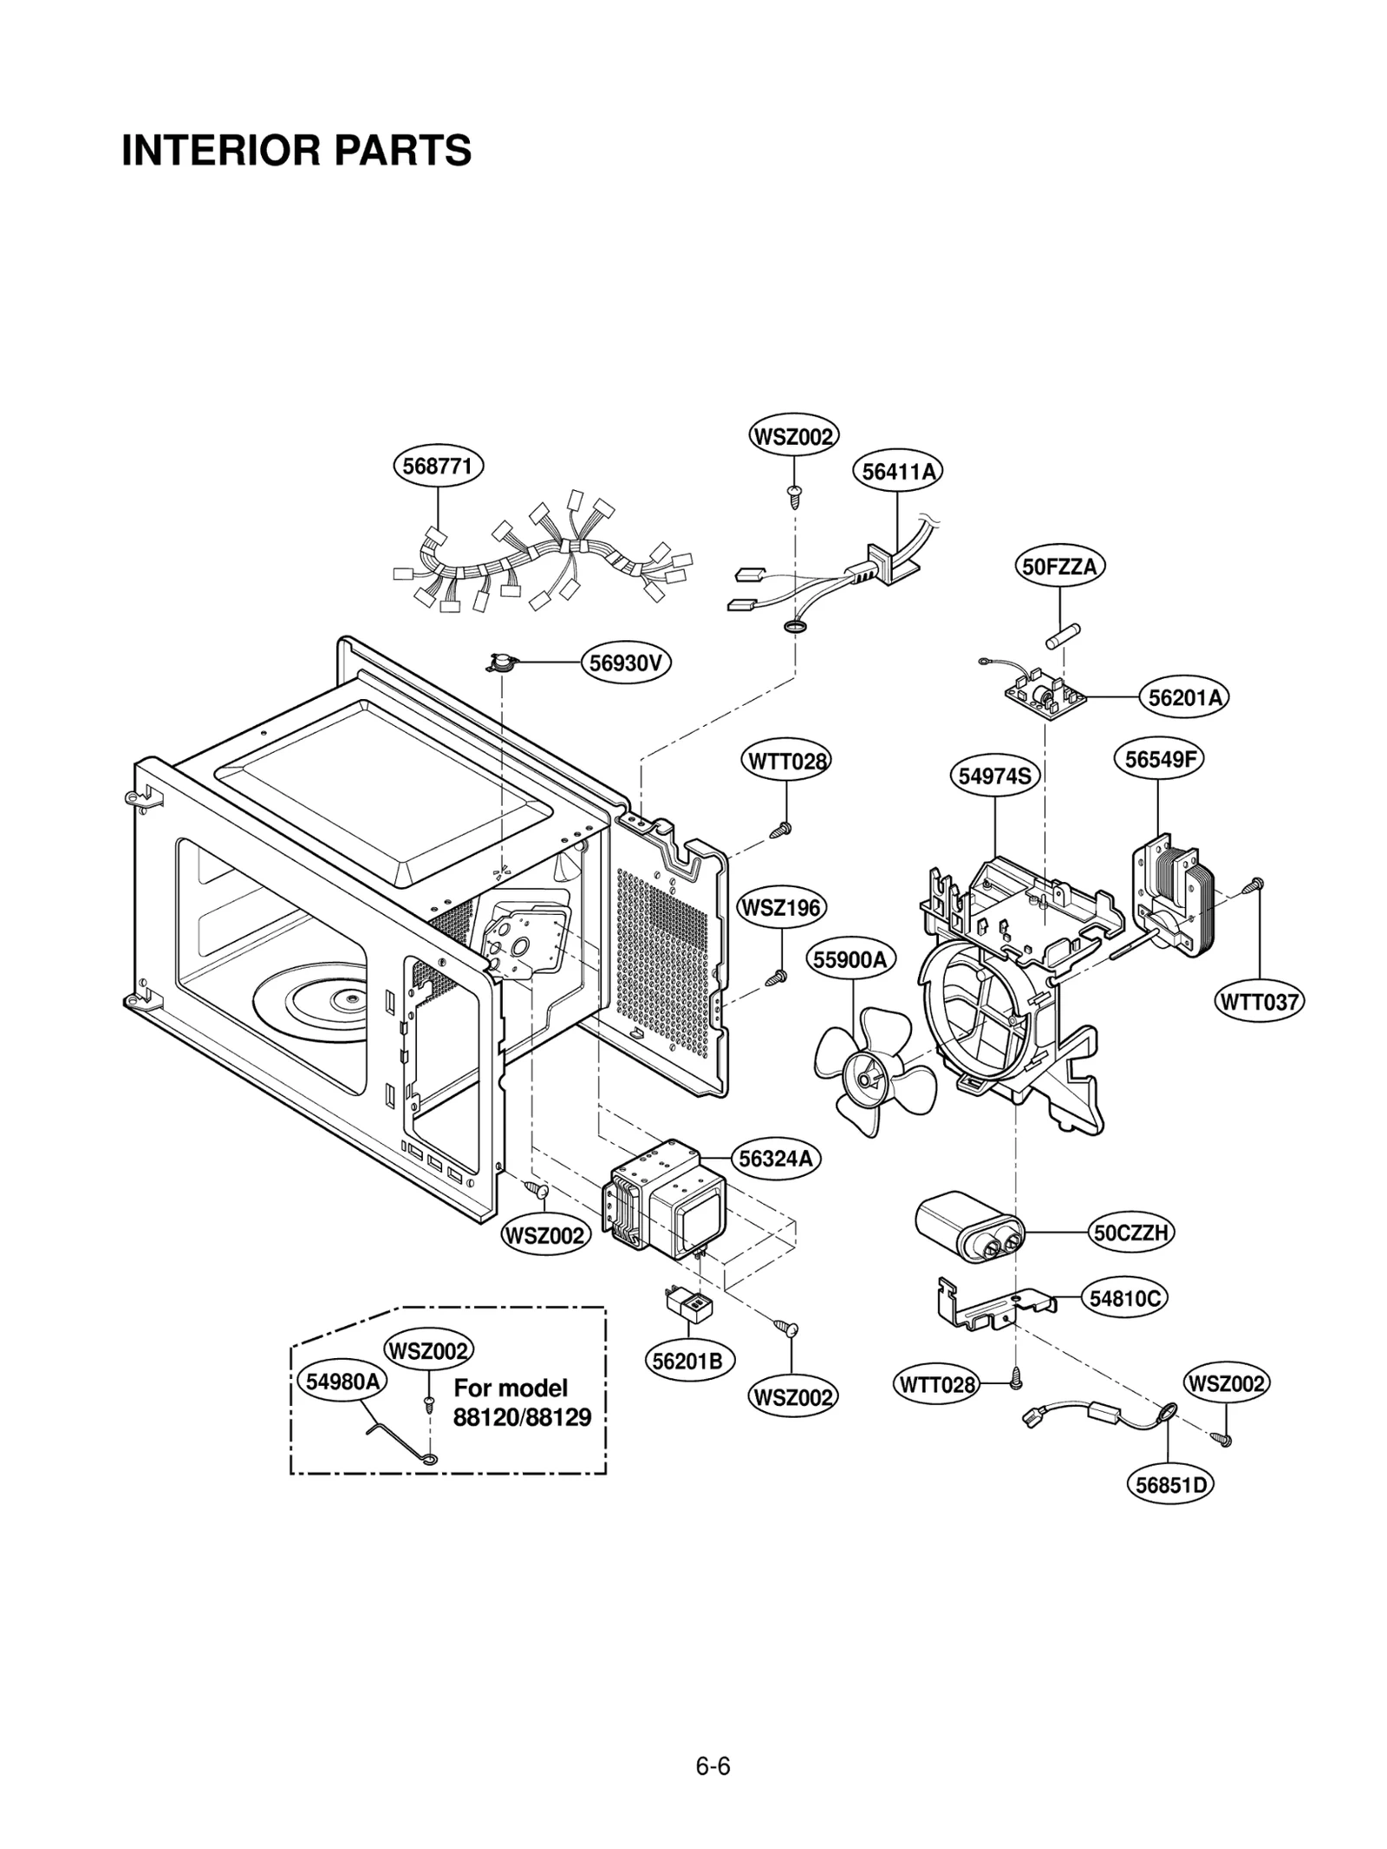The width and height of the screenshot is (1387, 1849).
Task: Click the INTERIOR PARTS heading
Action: click(x=296, y=151)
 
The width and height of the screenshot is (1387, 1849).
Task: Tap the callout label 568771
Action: click(x=438, y=467)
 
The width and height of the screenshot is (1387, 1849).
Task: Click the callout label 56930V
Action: click(x=626, y=663)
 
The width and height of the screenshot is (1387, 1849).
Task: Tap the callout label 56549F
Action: click(x=1159, y=760)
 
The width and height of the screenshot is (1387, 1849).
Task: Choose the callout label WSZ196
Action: click(x=781, y=908)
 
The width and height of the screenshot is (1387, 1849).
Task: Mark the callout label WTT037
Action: click(x=1259, y=1003)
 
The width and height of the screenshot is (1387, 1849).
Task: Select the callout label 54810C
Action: click(x=1124, y=1298)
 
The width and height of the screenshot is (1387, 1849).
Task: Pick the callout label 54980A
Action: click(x=342, y=1382)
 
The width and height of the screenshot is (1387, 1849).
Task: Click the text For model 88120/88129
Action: click(x=522, y=1402)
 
